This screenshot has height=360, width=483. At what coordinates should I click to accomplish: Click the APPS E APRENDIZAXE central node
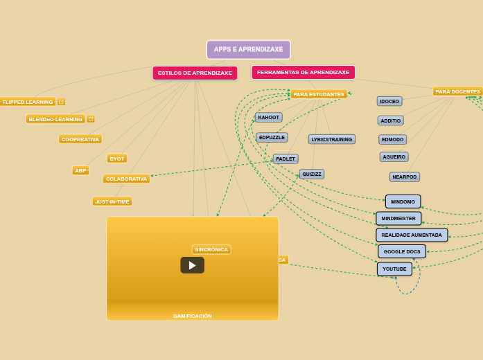coord(248,50)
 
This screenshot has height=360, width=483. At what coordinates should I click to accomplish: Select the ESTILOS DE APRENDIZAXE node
coord(195,73)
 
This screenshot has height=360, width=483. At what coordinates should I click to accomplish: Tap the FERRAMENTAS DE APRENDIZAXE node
coord(303,72)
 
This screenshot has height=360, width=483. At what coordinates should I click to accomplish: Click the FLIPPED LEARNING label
coord(28,102)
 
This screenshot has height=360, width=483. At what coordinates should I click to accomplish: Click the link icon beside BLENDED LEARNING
coord(91,119)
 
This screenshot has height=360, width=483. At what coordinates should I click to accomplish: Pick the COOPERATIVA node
coord(80,139)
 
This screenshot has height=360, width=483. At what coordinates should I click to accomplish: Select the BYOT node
coord(117,159)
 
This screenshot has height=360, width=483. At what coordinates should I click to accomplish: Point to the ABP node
coord(80,170)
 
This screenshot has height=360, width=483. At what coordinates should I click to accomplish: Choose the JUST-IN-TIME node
coord(112,201)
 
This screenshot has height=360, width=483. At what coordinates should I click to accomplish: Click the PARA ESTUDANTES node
coord(319,94)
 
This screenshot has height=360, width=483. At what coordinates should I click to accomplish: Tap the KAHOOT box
coord(269,118)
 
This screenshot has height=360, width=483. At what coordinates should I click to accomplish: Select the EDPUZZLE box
coord(272,138)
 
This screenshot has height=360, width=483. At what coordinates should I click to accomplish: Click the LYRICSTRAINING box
coord(331,139)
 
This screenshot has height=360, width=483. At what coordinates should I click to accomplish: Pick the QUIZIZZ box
coord(312,174)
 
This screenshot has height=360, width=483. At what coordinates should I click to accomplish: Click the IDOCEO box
coord(389,101)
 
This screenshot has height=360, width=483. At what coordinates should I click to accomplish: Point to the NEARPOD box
coord(405,177)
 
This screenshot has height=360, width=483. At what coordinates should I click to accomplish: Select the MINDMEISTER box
coord(398,219)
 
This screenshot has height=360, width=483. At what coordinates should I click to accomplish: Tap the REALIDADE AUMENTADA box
coord(412,235)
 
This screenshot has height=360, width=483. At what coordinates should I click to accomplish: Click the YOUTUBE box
coord(394,269)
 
